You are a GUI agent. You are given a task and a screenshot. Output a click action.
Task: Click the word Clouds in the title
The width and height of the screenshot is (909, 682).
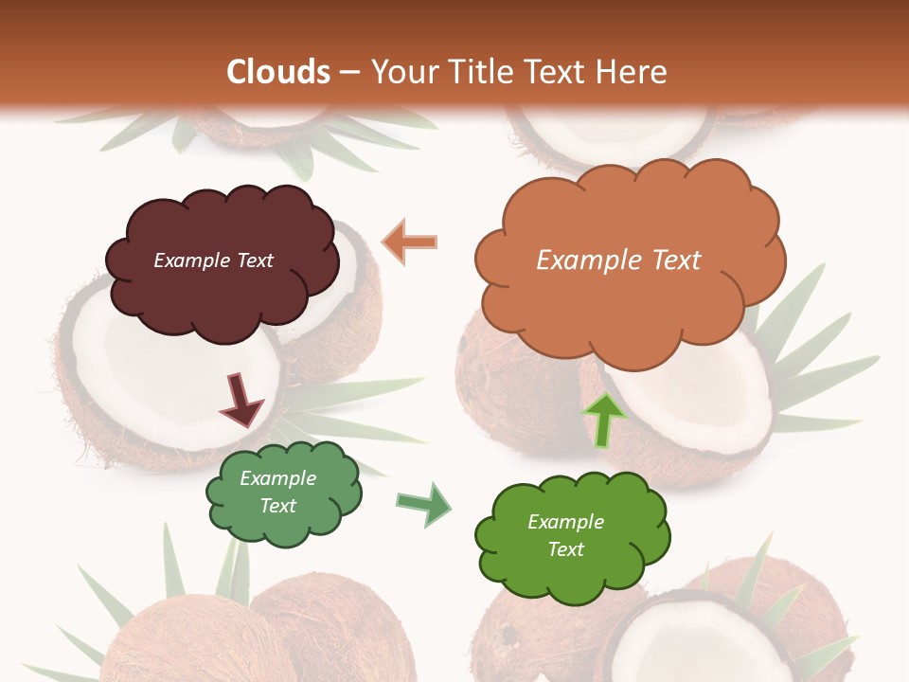pos(278,72)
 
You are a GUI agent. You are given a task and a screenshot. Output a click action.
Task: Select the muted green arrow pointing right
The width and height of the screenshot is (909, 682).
pos(424,503)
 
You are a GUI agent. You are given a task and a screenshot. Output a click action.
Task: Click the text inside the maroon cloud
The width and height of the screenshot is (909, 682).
pos(213,260)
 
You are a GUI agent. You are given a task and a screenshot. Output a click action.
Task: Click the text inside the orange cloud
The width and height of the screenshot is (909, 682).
pos(618,260)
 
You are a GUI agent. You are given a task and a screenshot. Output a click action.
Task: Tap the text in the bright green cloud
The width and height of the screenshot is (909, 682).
pos(565,535)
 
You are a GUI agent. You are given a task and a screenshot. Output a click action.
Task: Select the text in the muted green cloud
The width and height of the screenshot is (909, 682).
pos(277,492)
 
